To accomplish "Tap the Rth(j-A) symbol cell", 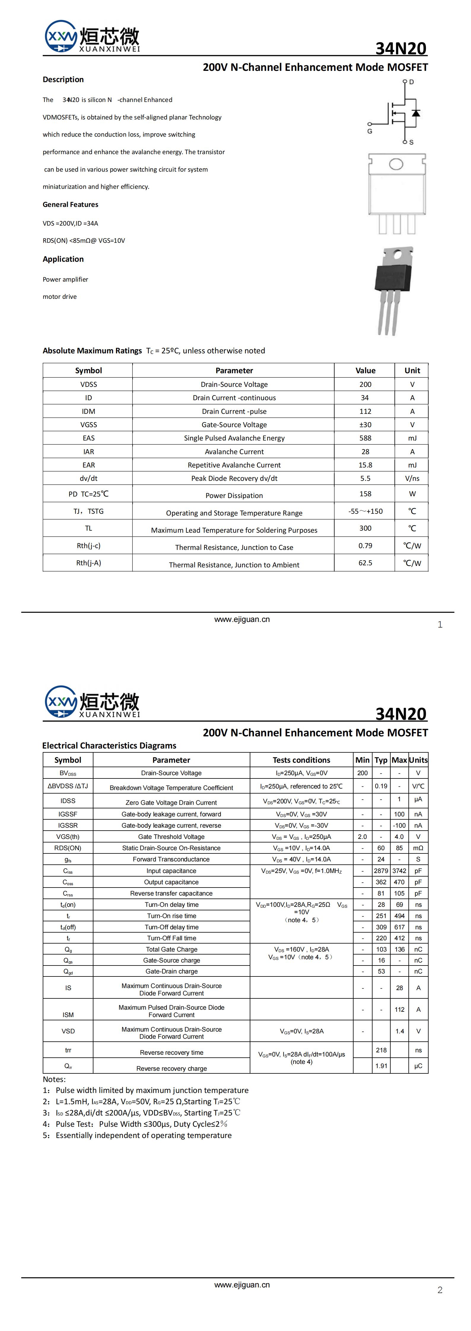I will [x=88, y=563].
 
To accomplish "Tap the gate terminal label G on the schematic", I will [x=370, y=131].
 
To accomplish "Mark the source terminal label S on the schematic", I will [x=411, y=142].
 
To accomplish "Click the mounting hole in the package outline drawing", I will [x=396, y=164].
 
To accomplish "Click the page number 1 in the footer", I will [x=440, y=625].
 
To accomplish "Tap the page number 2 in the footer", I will [x=440, y=1290].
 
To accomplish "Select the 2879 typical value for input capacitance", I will [x=381, y=871].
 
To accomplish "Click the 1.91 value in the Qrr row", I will [x=381, y=1066].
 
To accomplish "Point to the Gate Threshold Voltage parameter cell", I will [x=171, y=837].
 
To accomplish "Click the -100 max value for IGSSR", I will [x=399, y=825].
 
